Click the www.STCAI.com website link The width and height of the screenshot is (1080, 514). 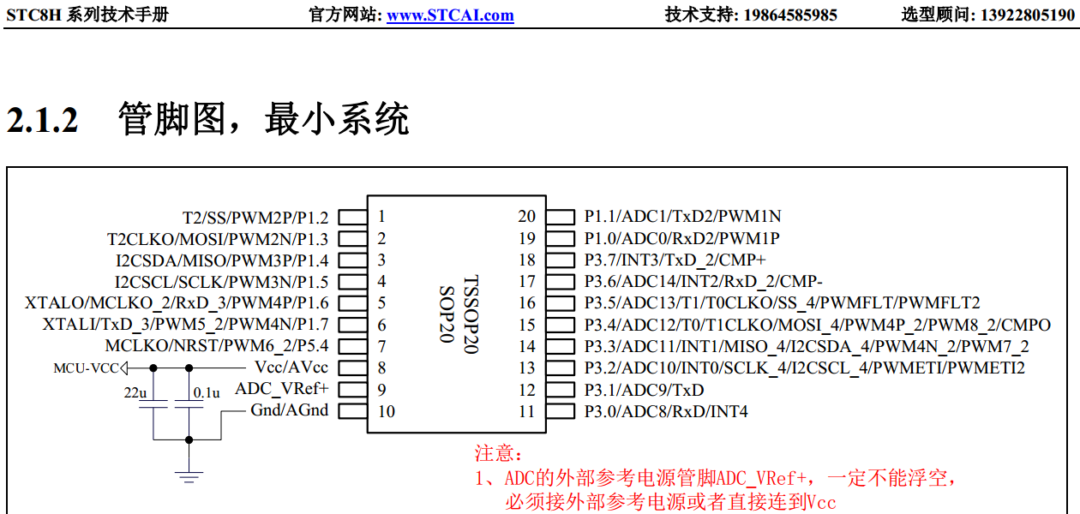(450, 15)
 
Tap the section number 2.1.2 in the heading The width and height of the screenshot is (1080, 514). (43, 120)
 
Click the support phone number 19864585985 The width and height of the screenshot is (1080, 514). (790, 15)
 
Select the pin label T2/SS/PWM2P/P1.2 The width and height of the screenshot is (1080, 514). (255, 218)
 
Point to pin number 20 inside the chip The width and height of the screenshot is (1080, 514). (526, 217)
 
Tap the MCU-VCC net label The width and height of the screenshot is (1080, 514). (86, 368)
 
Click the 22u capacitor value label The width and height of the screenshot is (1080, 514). (136, 392)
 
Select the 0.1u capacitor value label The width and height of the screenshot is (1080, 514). (207, 392)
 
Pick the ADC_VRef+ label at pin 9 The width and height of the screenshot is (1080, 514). (282, 389)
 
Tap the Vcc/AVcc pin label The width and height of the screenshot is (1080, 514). (291, 368)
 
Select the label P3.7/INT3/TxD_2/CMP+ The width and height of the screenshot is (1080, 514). (675, 260)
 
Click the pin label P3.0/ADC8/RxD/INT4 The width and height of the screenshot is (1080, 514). (666, 411)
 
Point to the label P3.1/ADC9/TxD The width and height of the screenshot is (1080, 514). (644, 390)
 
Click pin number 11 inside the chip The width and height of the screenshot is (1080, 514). (526, 411)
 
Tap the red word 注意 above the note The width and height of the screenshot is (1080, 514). (497, 453)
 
